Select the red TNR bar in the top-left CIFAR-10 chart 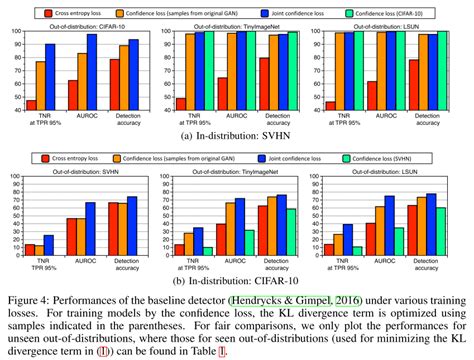(31, 104)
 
